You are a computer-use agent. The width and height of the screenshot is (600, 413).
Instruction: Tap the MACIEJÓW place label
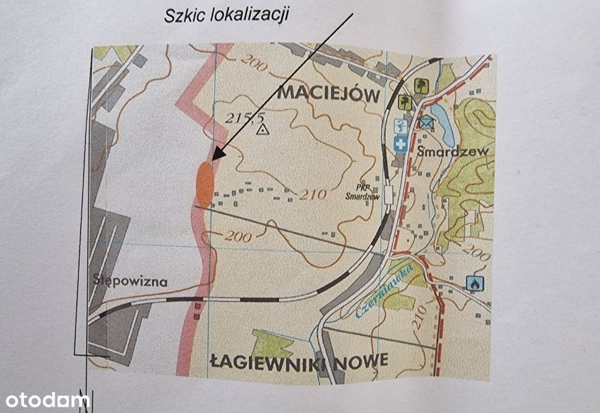(x=329, y=94)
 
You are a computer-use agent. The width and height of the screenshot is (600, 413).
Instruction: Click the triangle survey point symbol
(x=262, y=129)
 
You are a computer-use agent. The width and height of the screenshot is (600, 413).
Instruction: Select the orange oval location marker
(x=205, y=184)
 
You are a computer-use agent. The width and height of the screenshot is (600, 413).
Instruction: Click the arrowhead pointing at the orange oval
(x=218, y=154)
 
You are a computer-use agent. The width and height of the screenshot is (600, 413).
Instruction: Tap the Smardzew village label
(x=450, y=151)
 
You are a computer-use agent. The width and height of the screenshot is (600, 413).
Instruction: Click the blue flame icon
(x=475, y=283)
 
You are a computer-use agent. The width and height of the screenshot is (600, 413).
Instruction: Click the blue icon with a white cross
(x=400, y=143)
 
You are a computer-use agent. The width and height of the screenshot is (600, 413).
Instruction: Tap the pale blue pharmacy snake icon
(x=400, y=127)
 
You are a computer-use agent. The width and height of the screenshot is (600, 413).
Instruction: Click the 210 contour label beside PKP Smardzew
(x=311, y=194)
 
